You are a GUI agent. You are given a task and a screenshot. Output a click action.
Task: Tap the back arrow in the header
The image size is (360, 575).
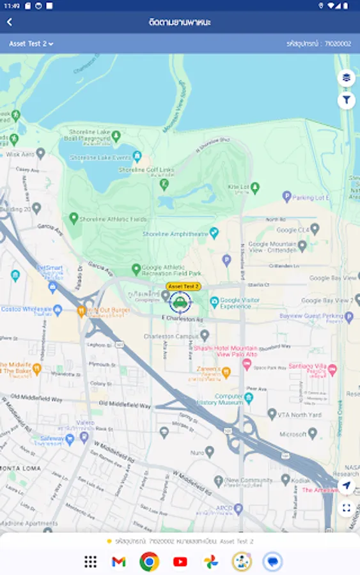coord(10,22)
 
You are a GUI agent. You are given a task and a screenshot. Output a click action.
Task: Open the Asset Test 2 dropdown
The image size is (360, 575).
coord(31,44)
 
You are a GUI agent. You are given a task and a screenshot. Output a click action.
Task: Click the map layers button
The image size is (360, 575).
coord(346,77)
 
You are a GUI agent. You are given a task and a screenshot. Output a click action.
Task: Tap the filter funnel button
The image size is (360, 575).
coord(346,100)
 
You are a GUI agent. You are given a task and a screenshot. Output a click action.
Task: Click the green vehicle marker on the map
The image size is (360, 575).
coord(180,302)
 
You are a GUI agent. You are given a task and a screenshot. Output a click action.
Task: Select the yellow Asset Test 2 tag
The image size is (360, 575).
coord(183,287)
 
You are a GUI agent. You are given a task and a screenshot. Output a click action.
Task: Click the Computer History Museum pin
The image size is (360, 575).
coord(249,397)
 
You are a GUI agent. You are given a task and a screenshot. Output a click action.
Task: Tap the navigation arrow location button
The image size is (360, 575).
coord(346,486)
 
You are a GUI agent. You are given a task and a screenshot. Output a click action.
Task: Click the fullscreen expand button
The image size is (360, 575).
coord(346,509)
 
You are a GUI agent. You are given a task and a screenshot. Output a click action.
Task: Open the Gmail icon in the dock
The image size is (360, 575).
coord(118,562)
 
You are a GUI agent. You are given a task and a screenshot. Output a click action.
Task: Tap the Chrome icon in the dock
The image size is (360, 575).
coord(149,562)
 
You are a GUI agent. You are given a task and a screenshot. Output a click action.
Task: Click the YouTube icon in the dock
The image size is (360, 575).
coord(180,562)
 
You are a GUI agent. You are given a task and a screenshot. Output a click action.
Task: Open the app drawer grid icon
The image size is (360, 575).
coord(91,562)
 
